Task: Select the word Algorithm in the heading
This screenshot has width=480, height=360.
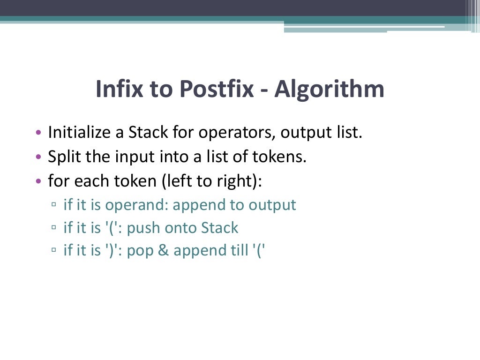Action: pyautogui.click(x=329, y=89)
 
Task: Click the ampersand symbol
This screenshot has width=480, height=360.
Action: pyautogui.click(x=165, y=251)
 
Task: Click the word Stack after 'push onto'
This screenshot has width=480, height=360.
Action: pyautogui.click(x=219, y=228)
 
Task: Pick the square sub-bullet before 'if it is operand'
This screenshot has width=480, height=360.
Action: pyautogui.click(x=54, y=205)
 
